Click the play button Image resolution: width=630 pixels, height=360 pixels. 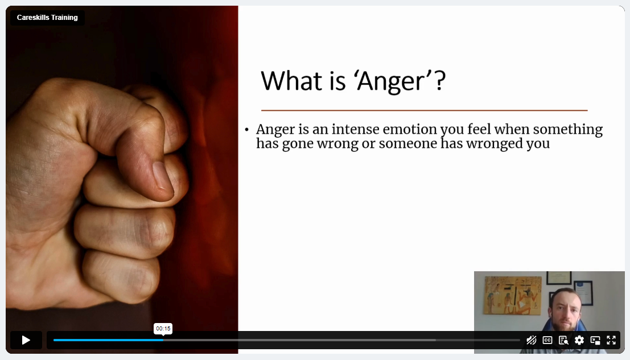tap(26, 340)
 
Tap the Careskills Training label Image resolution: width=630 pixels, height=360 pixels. tap(47, 18)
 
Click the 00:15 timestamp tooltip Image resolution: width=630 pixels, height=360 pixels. tap(163, 329)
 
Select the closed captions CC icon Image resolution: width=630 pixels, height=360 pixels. tap(547, 340)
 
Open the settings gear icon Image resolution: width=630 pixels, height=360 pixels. tap(579, 340)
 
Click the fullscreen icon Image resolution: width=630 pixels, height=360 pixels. tap(611, 340)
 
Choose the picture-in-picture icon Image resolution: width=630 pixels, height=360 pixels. tap(595, 340)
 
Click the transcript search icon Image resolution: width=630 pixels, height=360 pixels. tap(563, 340)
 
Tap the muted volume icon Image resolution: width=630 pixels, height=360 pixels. tap(531, 340)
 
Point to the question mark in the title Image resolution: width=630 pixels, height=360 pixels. tap(440, 80)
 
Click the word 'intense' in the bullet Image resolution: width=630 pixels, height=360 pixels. tap(355, 129)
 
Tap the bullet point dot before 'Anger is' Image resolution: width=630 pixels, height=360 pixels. tap(246, 130)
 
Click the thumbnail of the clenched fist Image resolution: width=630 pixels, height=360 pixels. tap(122, 179)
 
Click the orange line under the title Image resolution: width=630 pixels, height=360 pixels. tap(425, 110)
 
